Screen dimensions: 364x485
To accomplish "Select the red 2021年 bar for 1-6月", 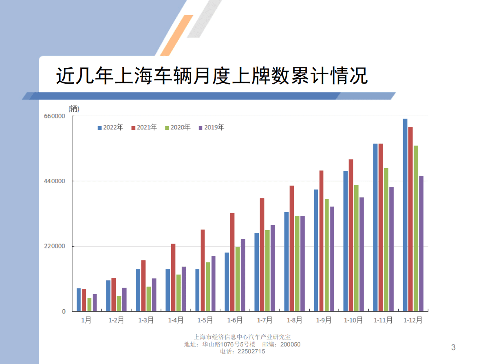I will pos(232,262).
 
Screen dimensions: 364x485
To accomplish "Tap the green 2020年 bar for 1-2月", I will pos(119,304).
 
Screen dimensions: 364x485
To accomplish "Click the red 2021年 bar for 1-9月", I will pos(321,241).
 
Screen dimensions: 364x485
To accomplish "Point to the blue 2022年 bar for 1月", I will pos(79,300).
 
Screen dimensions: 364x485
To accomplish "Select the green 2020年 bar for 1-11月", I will pos(386,240).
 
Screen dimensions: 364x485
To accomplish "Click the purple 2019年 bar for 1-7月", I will pos(273,268).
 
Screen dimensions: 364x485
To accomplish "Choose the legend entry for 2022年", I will pos(110,127).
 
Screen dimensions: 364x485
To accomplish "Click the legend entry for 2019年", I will pos(211,127).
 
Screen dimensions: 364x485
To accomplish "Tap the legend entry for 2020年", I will pos(178,127).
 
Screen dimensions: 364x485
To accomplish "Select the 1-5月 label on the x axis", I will pos(205,320).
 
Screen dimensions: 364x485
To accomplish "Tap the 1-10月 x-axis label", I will pos(353,320).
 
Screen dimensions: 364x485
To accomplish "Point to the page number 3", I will pos(453,348).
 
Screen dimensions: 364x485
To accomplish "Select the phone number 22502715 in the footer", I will pos(251,351).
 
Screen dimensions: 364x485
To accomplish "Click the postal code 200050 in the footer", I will pos(291,344).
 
